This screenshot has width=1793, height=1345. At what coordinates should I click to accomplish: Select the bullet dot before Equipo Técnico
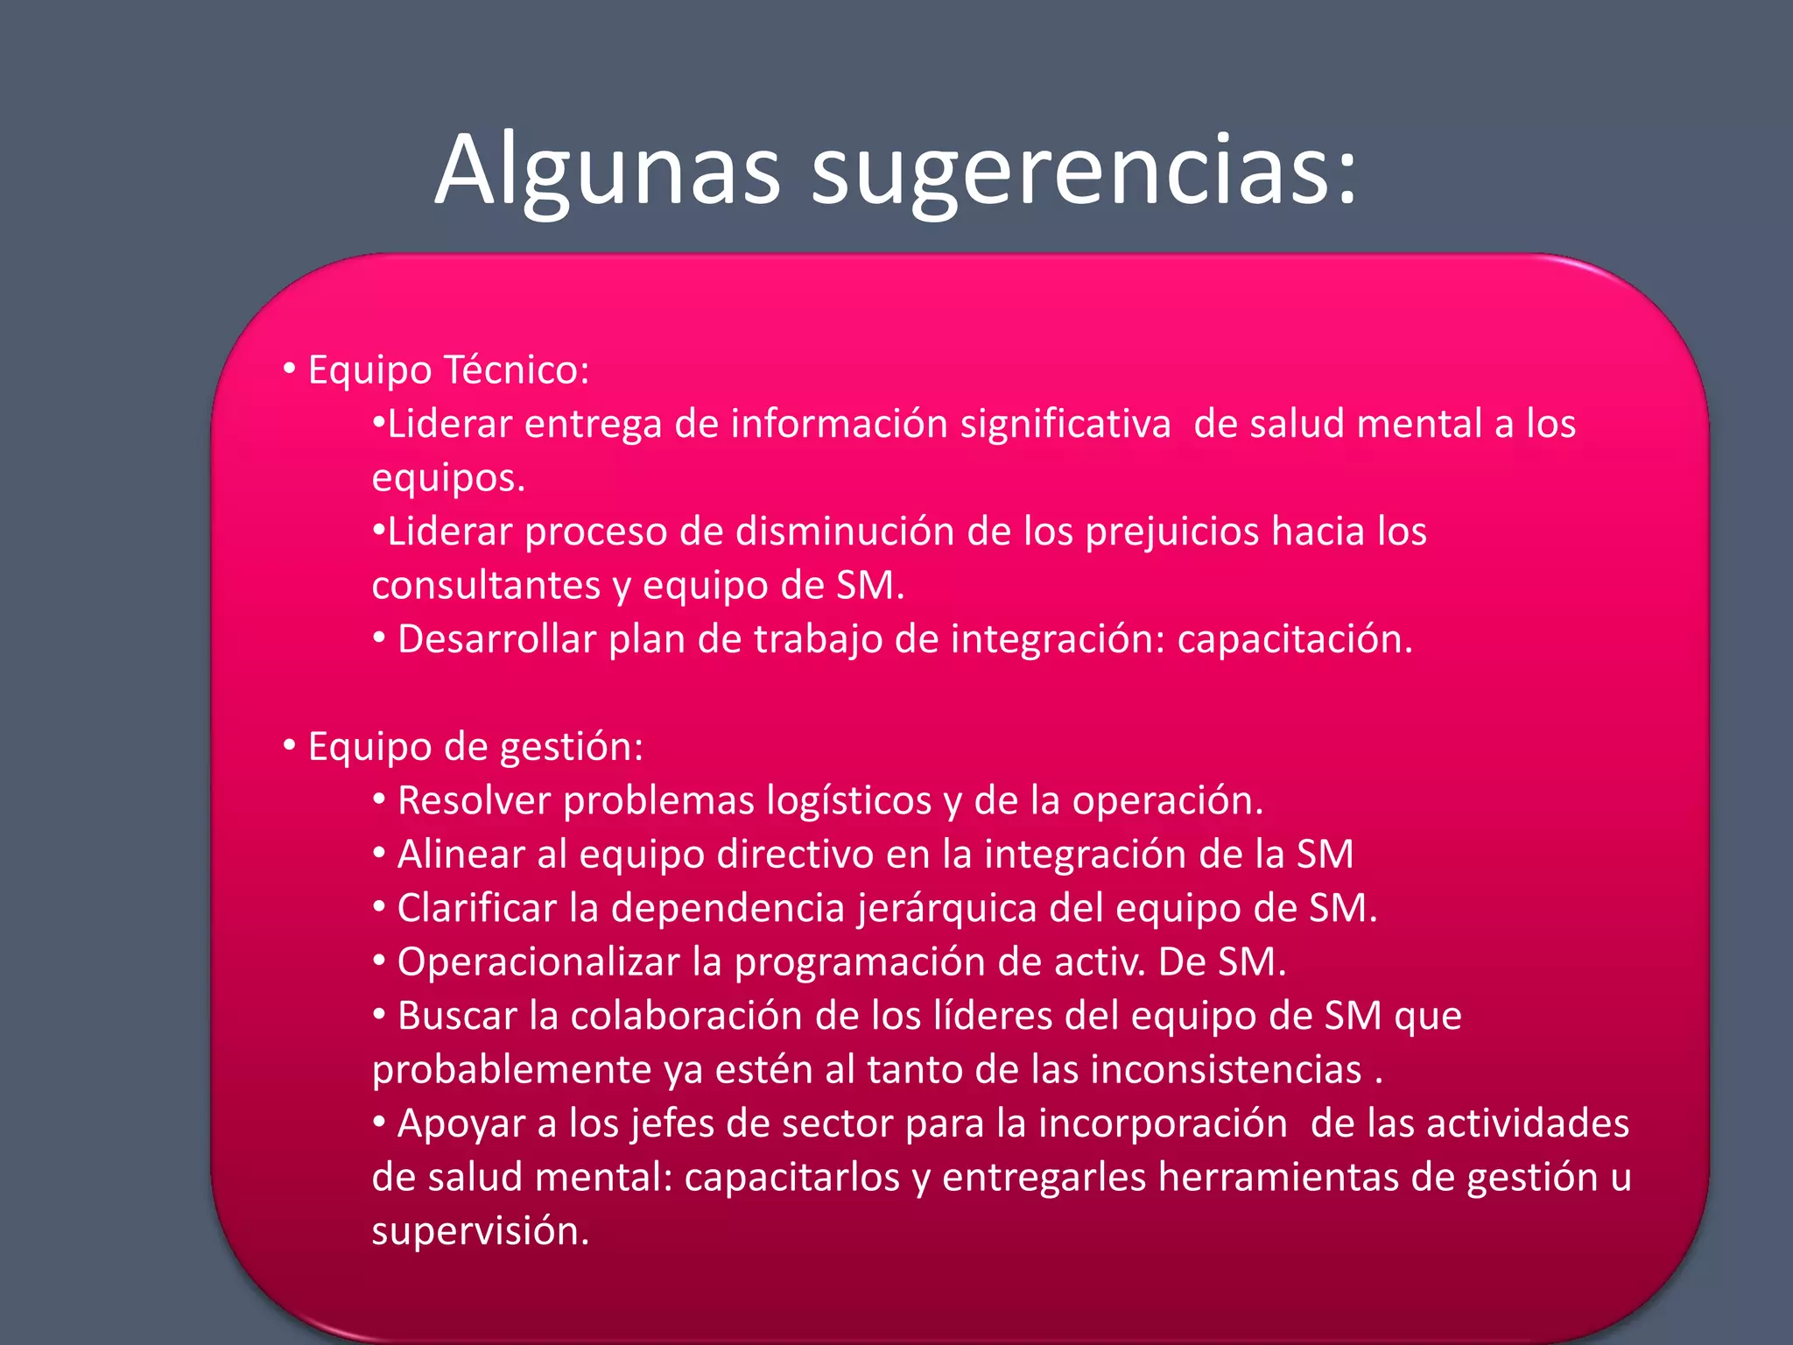[x=290, y=369]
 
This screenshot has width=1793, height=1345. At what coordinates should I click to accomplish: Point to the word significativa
[x=1065, y=424]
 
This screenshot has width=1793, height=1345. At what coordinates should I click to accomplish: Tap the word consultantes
[x=486, y=586]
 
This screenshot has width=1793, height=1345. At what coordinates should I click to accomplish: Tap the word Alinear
[x=461, y=855]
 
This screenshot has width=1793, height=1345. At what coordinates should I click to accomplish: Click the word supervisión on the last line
[x=480, y=1231]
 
